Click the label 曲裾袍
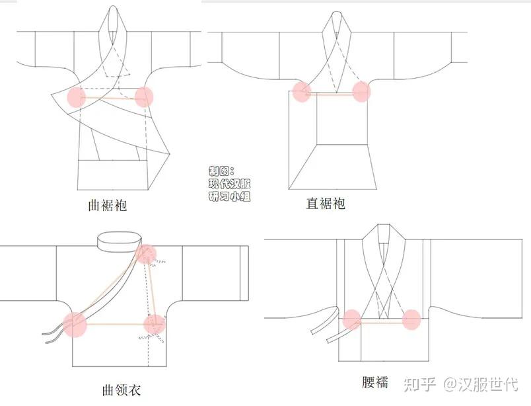pos(108,206)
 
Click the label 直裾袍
pos(326,204)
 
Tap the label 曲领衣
pos(122,390)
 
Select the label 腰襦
pos(375,382)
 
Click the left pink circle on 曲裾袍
pos(77,97)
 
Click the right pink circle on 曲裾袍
pos(144,97)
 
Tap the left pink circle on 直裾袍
pos(302,91)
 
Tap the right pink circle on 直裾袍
pos(361,91)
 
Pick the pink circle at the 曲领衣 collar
pos(147,254)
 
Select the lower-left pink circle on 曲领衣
pos(75,325)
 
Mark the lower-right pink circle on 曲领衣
pos(155,324)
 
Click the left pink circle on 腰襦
pos(352,319)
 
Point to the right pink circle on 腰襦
pos(411,319)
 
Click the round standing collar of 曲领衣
pos(119,242)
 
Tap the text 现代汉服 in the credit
pos(230,184)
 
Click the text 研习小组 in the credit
pos(230,196)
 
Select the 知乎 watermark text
pos(419,385)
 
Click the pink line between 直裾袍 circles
pos(332,95)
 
